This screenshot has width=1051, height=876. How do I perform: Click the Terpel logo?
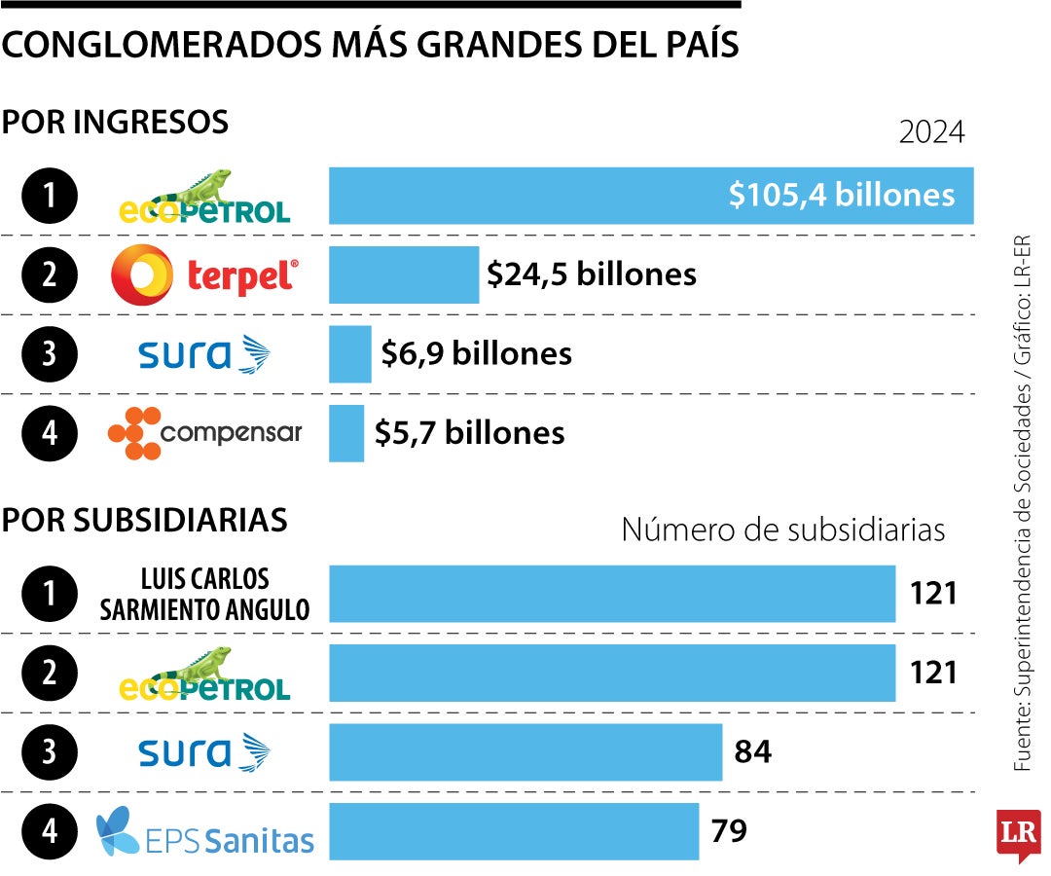pos(204,275)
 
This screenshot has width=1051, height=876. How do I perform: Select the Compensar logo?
pos(204,433)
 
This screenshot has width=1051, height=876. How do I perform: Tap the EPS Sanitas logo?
pos(205,831)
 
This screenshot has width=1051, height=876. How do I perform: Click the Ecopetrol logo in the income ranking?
pos(204,197)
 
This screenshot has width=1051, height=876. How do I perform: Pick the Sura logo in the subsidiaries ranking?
pos(204,751)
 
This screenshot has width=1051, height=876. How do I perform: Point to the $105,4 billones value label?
pos(842,196)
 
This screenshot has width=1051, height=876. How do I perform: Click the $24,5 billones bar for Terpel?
pos(404,275)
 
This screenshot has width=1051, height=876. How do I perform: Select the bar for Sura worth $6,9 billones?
pos(349,354)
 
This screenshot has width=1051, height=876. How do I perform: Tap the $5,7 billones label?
pos(469,433)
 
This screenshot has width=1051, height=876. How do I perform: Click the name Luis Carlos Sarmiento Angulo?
pos(204,594)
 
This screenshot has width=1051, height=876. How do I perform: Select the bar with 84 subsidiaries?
pos(525,751)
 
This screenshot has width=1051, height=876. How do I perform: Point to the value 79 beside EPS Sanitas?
pos(729,831)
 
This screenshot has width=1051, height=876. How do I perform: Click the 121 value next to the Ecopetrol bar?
pos(933,673)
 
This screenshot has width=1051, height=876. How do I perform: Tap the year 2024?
pos(931,132)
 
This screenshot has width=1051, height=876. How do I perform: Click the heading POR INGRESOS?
pos(115,123)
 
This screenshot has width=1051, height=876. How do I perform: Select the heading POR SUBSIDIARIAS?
pos(144,520)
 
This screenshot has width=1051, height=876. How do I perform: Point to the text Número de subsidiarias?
pos(782,529)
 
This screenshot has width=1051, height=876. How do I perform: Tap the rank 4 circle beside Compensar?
pos(50,433)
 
